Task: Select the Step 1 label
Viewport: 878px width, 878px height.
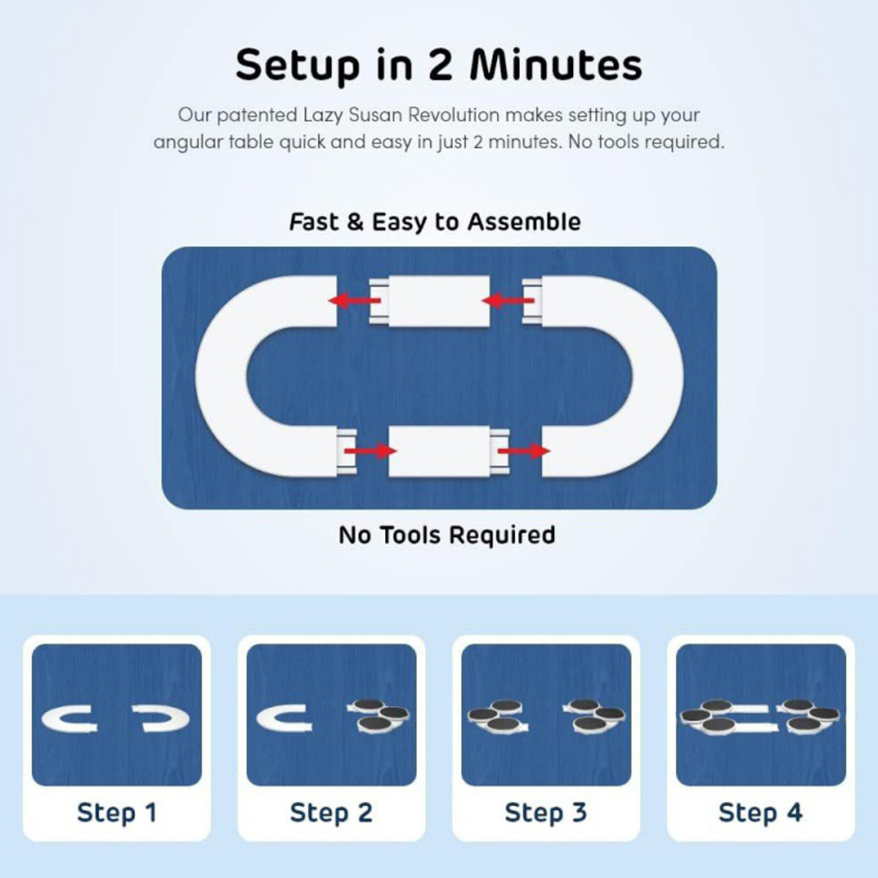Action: (116, 812)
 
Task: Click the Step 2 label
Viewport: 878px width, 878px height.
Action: (331, 812)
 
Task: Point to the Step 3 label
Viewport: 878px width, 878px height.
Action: (546, 812)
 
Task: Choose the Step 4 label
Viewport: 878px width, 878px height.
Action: (760, 812)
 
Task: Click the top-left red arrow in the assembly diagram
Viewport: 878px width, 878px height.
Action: (354, 300)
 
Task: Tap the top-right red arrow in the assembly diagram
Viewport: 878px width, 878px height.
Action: (508, 300)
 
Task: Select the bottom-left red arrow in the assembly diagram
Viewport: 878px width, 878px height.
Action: (370, 451)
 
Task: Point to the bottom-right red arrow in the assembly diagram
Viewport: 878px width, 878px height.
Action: (524, 451)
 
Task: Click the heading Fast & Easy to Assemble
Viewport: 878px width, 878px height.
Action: (435, 222)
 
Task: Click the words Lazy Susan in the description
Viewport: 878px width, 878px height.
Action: (353, 116)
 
